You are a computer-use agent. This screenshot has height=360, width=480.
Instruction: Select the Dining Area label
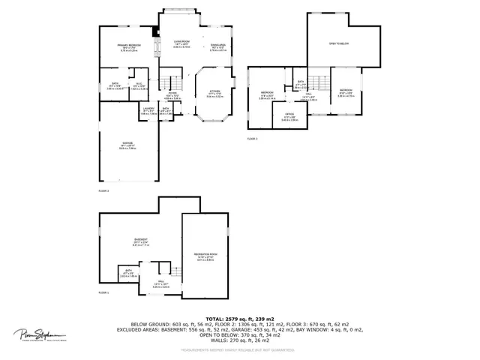click(218, 46)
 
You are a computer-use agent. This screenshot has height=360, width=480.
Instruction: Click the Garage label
click(127, 146)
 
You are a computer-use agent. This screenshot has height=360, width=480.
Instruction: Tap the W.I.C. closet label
click(139, 85)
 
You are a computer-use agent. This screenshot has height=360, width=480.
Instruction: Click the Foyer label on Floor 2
click(172, 94)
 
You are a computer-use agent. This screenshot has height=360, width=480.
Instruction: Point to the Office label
click(289, 117)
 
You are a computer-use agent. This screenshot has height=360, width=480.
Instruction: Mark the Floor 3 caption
click(252, 139)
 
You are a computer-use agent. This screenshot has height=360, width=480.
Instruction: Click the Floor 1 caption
click(103, 292)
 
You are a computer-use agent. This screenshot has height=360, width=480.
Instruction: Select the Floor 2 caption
click(103, 191)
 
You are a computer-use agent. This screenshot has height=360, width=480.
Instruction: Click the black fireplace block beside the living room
click(156, 31)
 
